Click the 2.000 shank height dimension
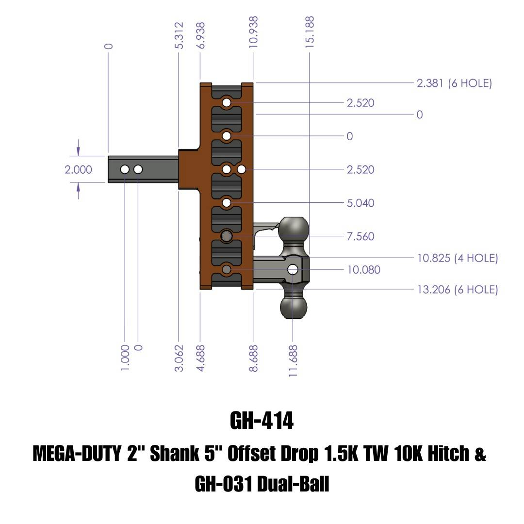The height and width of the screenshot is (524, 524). [x=78, y=169]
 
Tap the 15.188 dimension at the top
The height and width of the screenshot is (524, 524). [x=310, y=32]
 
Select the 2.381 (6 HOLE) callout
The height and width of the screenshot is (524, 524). [x=454, y=83]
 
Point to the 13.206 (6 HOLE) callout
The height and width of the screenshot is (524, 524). [x=458, y=290]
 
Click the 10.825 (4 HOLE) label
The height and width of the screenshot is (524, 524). [x=458, y=258]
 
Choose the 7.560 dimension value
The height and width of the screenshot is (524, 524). [x=360, y=236]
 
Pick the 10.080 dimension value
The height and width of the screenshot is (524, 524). [x=363, y=269]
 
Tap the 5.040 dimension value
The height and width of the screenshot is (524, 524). [x=360, y=203]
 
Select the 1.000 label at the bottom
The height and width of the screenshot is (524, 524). [x=125, y=358]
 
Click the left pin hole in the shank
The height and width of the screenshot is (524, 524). [x=125, y=169]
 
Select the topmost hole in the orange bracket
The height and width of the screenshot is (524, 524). [x=227, y=103]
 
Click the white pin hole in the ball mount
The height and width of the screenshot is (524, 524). [x=293, y=269]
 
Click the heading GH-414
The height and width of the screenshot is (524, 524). [x=262, y=421]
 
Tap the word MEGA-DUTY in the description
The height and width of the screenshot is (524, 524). [x=77, y=454]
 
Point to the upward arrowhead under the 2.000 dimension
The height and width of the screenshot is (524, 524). [x=78, y=191]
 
